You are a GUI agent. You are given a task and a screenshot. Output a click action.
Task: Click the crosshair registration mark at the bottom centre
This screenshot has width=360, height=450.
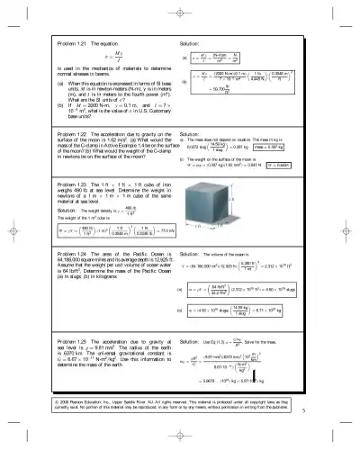[180, 441]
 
